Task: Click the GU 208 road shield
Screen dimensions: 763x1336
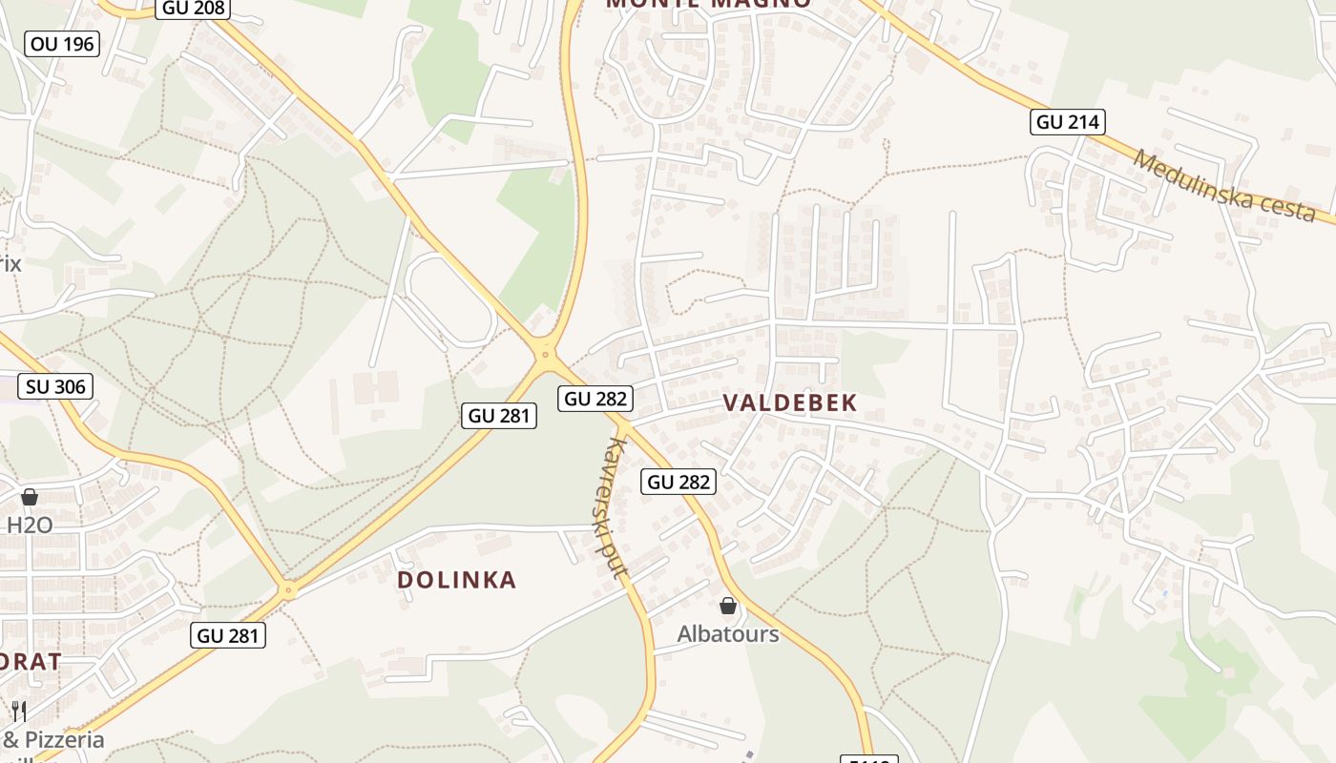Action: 194,9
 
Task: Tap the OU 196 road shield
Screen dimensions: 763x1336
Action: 62,43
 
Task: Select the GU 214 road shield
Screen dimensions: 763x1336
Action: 1068,122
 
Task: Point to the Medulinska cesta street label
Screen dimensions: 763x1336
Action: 1225,187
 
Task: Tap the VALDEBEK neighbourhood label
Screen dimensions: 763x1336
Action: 790,403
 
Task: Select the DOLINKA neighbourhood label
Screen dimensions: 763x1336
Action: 456,580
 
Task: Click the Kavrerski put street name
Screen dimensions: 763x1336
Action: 615,507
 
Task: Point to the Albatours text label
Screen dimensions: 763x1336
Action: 728,634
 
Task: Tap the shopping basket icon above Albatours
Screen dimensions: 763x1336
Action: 728,606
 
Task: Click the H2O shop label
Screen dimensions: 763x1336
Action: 30,525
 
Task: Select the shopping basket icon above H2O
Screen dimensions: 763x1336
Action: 30,497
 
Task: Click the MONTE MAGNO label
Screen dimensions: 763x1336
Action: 708,3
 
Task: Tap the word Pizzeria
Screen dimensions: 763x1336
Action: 64,739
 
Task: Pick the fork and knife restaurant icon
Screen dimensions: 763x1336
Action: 18,711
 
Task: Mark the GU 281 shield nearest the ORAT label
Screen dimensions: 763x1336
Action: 228,635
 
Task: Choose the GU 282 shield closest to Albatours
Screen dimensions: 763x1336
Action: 678,482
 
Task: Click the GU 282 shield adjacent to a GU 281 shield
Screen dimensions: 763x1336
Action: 595,399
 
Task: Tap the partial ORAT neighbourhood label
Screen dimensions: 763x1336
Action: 31,661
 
